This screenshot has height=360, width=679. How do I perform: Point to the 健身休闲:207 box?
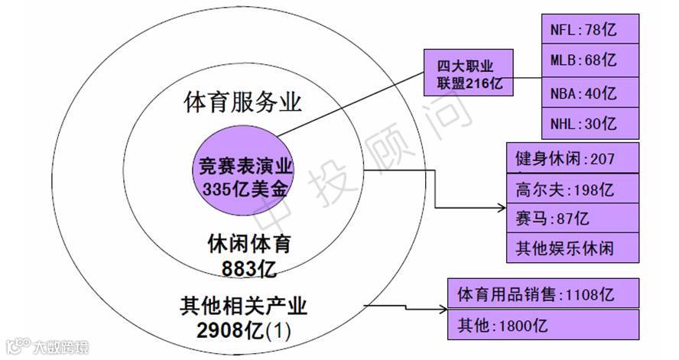click(x=572, y=159)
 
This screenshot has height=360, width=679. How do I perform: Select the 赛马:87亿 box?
click(x=572, y=219)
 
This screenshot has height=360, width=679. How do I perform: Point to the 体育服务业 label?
click(x=243, y=102)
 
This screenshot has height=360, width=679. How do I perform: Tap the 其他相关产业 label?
click(x=243, y=306)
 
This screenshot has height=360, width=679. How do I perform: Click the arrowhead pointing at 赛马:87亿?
click(x=502, y=207)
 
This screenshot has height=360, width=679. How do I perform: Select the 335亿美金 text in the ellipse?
click(x=245, y=187)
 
